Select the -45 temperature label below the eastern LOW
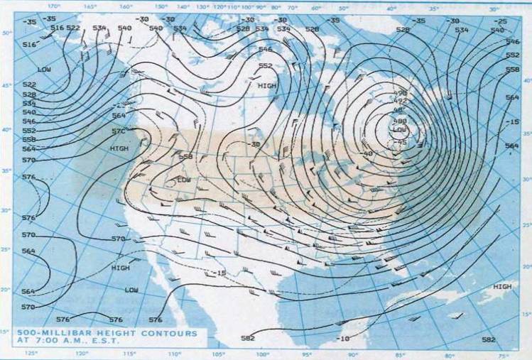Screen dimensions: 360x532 tap(401, 142)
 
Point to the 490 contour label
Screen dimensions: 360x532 tap(401, 94)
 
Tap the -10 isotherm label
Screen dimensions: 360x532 tap(343, 339)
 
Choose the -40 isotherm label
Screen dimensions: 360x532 tap(367, 153)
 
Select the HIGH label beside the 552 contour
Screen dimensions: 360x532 tap(268, 85)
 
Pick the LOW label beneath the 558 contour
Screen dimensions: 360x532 tap(184, 180)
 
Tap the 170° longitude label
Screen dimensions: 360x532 tap(50, 6)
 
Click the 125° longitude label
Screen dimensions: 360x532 tap(32, 354)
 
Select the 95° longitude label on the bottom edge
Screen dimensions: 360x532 tap(308, 354)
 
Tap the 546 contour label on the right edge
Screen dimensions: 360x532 tap(512, 43)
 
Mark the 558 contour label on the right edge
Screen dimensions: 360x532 tap(512, 70)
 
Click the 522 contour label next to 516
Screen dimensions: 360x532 tap(73, 28)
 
